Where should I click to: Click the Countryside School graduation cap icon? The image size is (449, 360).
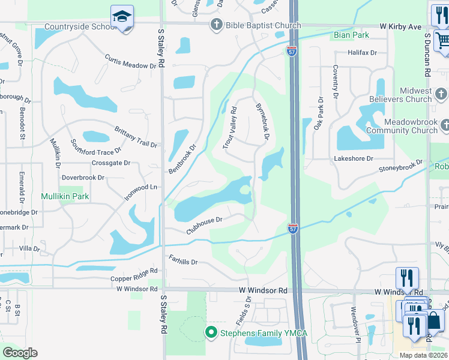tap(122, 16)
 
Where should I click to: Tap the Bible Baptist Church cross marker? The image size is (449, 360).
tap(215, 25)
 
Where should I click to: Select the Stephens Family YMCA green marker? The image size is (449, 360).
tap(211, 331)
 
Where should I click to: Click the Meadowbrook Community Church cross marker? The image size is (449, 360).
tap(444, 125)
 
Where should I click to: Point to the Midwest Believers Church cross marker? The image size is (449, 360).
tap(441, 94)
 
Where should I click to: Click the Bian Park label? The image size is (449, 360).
tap(351, 35)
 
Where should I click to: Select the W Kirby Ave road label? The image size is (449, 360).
tap(401, 27)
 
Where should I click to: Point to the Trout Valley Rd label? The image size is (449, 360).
tap(230, 128)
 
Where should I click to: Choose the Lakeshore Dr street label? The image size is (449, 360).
tap(354, 158)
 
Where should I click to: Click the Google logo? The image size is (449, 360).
tap(20, 353)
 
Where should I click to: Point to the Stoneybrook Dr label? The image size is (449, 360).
tap(400, 166)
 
